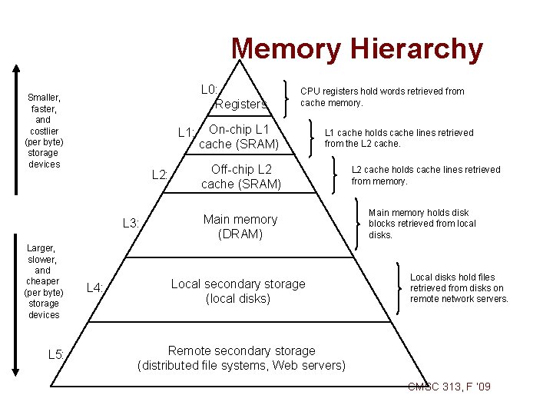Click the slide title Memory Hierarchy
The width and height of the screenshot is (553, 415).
(357, 49)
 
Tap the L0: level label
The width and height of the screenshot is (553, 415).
(209, 90)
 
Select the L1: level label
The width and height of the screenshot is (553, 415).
(187, 132)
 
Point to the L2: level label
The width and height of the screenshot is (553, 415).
(161, 174)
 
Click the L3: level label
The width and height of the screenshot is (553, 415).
(131, 224)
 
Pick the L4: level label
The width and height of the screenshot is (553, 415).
(95, 288)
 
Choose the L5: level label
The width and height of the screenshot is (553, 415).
(56, 354)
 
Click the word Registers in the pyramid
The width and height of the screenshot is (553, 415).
(241, 104)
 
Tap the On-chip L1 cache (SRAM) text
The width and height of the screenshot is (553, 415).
(239, 137)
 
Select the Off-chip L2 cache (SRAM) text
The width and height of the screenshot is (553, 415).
(241, 176)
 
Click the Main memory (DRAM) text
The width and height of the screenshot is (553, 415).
(240, 227)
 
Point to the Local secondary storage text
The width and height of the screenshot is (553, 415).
(237, 291)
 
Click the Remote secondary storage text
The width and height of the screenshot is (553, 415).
(241, 358)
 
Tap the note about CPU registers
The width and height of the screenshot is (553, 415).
(382, 97)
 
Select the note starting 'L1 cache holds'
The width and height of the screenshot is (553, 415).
(399, 138)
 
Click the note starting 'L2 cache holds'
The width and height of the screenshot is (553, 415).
(426, 175)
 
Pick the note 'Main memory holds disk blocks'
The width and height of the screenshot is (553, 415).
(422, 224)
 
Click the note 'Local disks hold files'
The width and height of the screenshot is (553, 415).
(459, 288)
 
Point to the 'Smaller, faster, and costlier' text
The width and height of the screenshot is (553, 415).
(44, 131)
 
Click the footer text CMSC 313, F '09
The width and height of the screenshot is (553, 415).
(449, 386)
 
